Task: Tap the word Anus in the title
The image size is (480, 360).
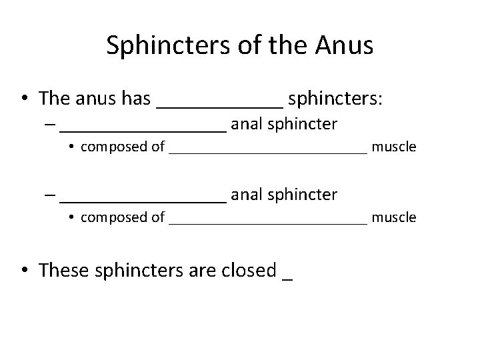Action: pos(345,46)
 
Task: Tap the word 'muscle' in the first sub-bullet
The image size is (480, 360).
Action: pos(394,146)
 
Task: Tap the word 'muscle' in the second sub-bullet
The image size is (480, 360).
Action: pos(394,217)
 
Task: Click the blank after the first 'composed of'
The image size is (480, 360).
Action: pos(268,151)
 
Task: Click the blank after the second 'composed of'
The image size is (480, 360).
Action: pos(268,221)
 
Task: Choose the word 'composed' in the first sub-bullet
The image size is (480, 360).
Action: pos(107,147)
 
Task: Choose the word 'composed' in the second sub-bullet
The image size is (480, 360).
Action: pos(107,217)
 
